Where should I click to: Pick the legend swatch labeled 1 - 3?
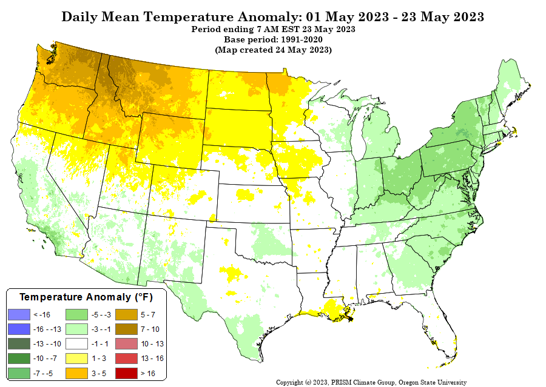coord(75,359)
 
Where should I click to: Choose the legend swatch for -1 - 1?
coord(75,345)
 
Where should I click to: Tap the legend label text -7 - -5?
coord(43,374)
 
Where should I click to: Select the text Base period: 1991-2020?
coord(272,39)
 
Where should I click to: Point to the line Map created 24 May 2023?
coord(273,50)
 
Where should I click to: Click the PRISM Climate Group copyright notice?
coord(371,382)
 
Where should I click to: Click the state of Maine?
coord(513,85)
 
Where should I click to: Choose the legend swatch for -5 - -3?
coord(75,315)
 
